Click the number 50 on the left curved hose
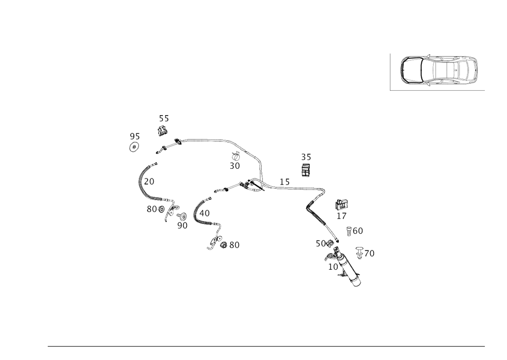coord(150,181)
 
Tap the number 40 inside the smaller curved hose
coord(206,213)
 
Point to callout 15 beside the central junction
coord(284,181)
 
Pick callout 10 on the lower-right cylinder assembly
coord(333,266)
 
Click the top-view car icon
coord(439,70)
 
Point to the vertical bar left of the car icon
coord(390,71)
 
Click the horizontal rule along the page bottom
coord(266,347)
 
